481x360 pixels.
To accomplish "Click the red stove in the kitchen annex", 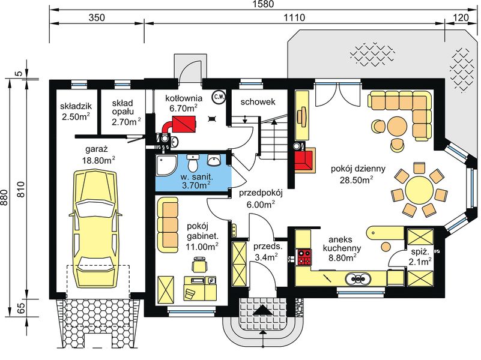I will pyautogui.click(x=304, y=257).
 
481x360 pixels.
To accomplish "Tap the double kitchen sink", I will pyautogui.click(x=360, y=278).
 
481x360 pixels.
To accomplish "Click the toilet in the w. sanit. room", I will pyautogui.click(x=192, y=163).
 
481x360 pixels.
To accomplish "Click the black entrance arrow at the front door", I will pyautogui.click(x=262, y=310).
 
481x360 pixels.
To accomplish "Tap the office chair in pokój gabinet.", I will pyautogui.click(x=199, y=263).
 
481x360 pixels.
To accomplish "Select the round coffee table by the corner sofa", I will pyautogui.click(x=397, y=125).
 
